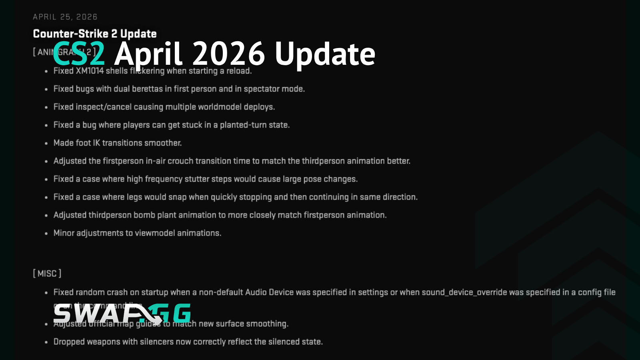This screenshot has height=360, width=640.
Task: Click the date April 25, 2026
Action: click(x=65, y=17)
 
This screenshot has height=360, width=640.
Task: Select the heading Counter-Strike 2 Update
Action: click(x=95, y=34)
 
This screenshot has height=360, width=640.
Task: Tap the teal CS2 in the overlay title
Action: click(x=79, y=54)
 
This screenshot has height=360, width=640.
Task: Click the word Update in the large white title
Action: click(x=325, y=54)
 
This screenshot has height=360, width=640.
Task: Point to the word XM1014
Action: click(x=90, y=71)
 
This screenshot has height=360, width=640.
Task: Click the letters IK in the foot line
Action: click(x=96, y=143)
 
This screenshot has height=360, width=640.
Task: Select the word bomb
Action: click(x=144, y=215)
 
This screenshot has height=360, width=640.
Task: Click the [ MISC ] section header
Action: click(x=47, y=274)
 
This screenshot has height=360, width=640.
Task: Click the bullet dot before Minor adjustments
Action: click(x=46, y=233)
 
